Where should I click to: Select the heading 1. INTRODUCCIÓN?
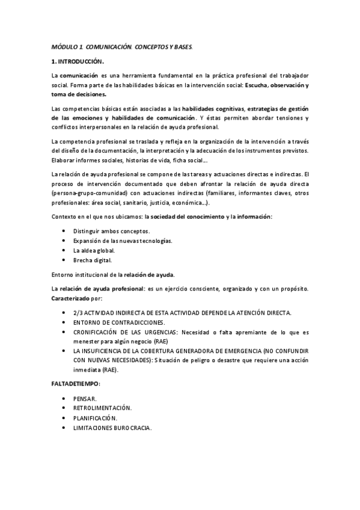pos(78,61)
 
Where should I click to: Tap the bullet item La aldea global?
pos(94,250)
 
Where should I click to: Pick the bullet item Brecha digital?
pos(93,260)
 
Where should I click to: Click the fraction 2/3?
pos(78,313)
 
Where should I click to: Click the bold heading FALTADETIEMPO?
pos(76,384)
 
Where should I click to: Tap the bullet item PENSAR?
pos(85,399)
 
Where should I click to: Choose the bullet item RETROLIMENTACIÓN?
pos(102,408)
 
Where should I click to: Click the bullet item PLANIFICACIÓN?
pos(96,418)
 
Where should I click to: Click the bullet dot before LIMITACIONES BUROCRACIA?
pos(64,428)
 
